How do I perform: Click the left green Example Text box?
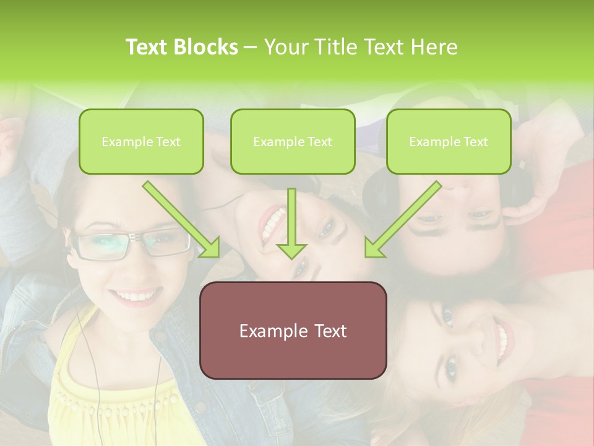tap(141, 141)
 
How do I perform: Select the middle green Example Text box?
tap(293, 141)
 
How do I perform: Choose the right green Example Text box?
tap(449, 141)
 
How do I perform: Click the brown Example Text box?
tap(293, 330)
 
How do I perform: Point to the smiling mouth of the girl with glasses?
tap(134, 296)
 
